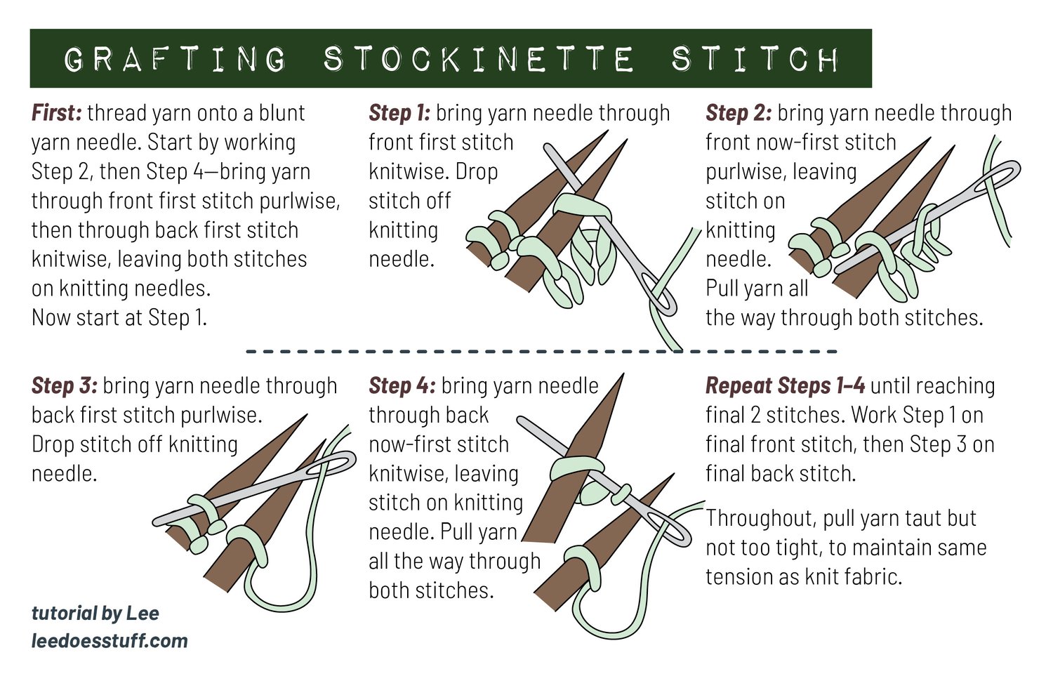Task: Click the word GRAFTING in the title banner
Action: pos(175,59)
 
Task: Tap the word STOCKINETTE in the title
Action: pos(479,59)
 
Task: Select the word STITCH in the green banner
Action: pos(755,59)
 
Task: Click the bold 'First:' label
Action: pos(57,113)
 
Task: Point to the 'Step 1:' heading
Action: pos(399,113)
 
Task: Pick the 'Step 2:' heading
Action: pos(739,113)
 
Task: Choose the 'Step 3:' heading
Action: pos(65,385)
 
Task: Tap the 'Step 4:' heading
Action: pos(402,385)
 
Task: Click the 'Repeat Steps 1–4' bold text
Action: pos(785,386)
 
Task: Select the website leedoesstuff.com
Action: pos(110,640)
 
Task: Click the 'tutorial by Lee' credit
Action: pos(95,614)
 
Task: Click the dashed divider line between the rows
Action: pos(541,351)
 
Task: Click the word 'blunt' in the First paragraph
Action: pos(282,113)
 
